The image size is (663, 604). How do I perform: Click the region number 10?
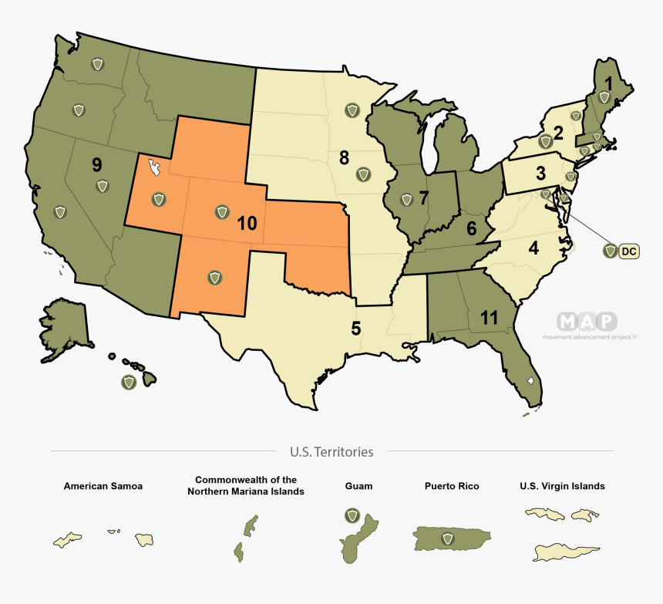click(247, 224)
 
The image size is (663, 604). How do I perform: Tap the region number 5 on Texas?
click(355, 328)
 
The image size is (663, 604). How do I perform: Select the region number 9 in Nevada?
click(96, 164)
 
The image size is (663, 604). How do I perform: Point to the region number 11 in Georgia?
click(489, 317)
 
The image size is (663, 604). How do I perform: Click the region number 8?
click(344, 158)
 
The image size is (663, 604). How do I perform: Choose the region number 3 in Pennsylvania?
click(541, 172)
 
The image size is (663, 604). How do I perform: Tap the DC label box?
click(629, 251)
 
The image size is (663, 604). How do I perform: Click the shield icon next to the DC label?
click(610, 251)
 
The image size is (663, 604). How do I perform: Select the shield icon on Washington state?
click(97, 64)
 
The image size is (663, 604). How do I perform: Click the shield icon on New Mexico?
click(214, 275)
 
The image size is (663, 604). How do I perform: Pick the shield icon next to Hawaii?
click(127, 382)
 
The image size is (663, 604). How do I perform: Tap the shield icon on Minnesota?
click(352, 110)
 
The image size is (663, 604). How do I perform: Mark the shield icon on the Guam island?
click(352, 515)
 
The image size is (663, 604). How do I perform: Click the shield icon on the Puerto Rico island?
click(446, 538)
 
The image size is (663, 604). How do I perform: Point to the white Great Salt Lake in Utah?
click(155, 167)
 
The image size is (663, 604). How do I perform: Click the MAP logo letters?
click(587, 322)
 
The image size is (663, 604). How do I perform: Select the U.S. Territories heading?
click(331, 452)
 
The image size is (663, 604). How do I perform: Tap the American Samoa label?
click(103, 487)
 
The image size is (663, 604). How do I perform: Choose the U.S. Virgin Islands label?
click(562, 487)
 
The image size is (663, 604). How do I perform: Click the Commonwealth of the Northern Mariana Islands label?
click(245, 485)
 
